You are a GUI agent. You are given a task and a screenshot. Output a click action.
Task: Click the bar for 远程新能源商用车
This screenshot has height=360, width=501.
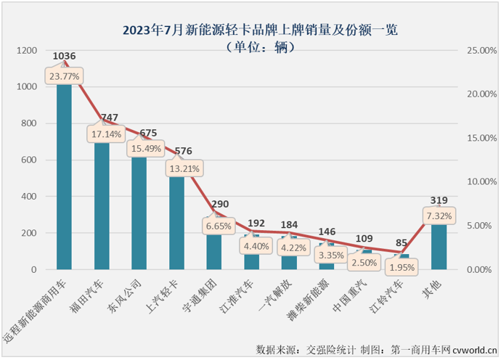(64, 181)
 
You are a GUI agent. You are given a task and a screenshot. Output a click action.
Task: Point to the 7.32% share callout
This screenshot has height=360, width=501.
(439, 216)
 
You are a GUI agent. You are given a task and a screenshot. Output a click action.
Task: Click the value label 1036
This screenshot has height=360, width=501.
(65, 55)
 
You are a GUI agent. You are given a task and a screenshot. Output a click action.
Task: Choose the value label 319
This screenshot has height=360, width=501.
(439, 200)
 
